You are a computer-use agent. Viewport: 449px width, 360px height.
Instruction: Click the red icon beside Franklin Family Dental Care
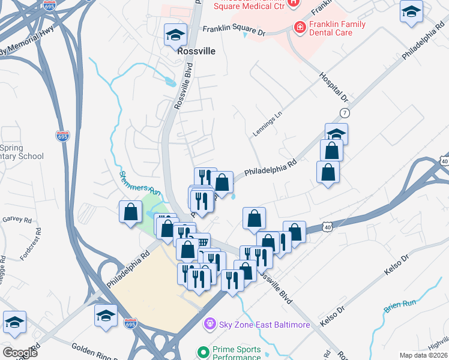pos(298,26)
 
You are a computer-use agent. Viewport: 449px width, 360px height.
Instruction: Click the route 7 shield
pos(344,113)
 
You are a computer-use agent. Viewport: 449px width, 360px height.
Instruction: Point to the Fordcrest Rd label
pos(30,243)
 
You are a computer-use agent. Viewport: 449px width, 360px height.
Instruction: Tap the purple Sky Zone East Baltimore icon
pos(209,325)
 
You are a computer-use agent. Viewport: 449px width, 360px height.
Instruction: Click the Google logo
pos(20,353)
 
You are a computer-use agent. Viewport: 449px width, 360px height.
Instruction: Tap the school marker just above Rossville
pos(175,35)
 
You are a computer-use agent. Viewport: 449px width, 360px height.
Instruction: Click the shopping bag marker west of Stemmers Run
pos(131,212)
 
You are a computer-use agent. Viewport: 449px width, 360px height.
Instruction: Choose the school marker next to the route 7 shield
pos(336,133)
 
